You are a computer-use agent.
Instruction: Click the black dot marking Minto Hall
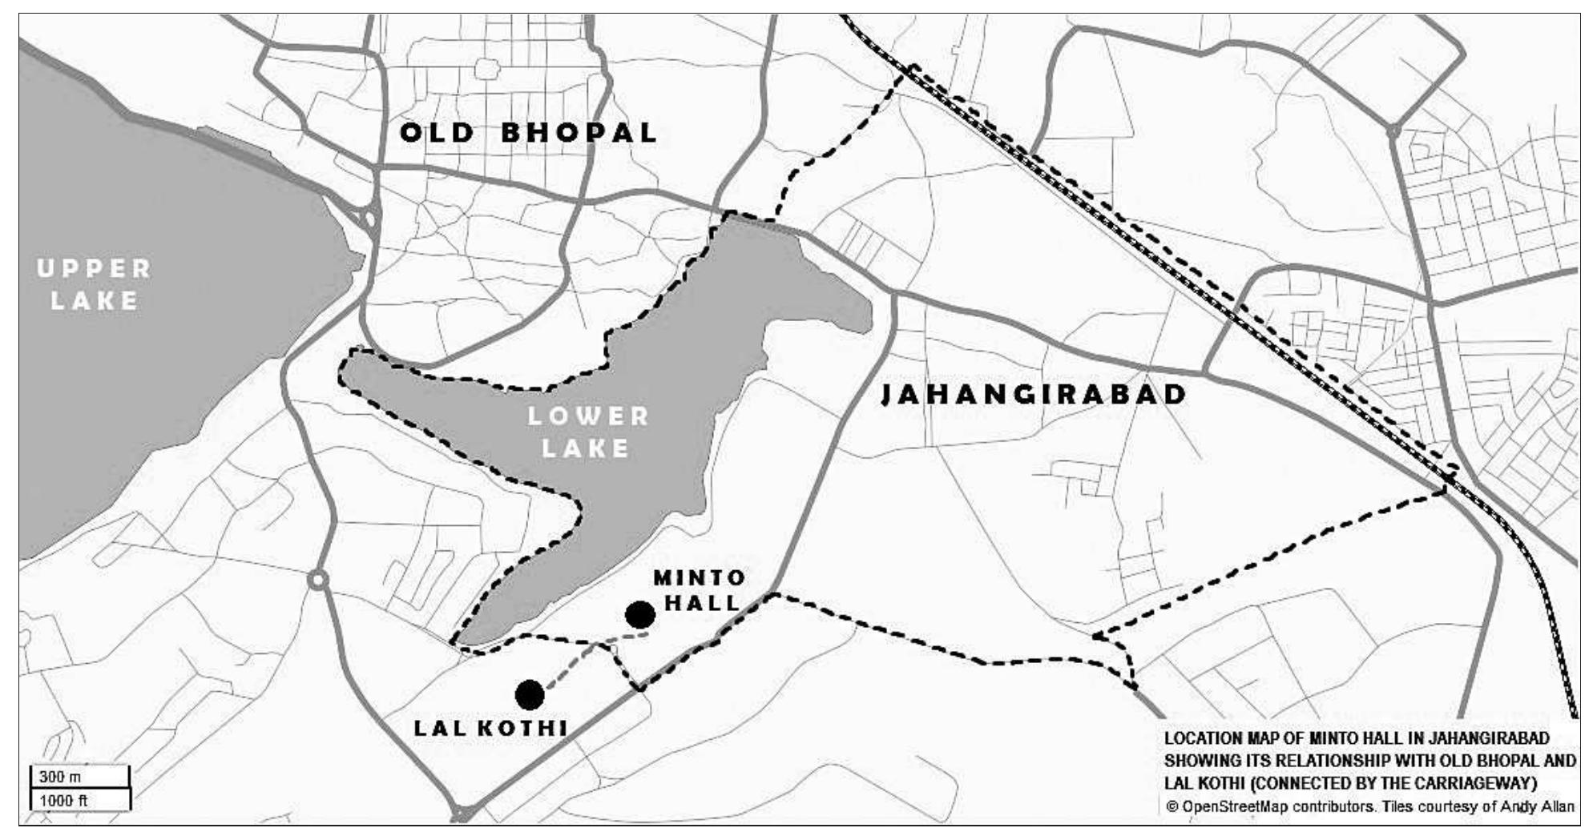[x=639, y=615]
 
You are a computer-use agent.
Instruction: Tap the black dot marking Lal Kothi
[x=530, y=694]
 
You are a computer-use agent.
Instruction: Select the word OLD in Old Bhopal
[x=438, y=132]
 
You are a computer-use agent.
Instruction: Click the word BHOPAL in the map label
[x=579, y=132]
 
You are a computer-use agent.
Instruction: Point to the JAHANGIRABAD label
[x=1034, y=394]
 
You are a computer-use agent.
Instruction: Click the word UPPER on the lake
[x=95, y=269]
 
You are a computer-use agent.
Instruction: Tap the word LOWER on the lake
[x=589, y=416]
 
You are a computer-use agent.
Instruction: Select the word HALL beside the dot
[x=703, y=602]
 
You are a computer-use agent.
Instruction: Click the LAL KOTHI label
[x=490, y=728]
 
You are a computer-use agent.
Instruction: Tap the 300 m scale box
[x=79, y=777]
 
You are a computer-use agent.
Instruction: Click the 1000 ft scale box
[x=79, y=800]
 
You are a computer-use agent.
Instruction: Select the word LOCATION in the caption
[x=1203, y=738]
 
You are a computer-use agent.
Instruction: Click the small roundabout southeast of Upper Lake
[x=318, y=579]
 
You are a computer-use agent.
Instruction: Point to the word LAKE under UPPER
[x=95, y=301]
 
